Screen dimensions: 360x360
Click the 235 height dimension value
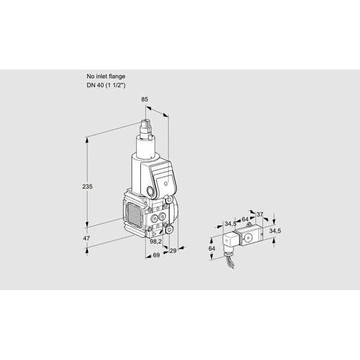(x=87, y=187)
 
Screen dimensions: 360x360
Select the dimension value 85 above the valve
(x=145, y=99)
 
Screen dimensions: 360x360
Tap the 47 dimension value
(x=86, y=238)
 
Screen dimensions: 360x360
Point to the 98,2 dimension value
(x=155, y=241)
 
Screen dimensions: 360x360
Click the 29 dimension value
(x=173, y=251)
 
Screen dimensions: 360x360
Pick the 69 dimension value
(x=156, y=255)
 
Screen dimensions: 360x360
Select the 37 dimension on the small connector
(x=259, y=214)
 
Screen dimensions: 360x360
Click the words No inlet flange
(x=106, y=76)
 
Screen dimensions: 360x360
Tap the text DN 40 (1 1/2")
(x=106, y=85)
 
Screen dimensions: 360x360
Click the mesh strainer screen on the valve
(x=134, y=215)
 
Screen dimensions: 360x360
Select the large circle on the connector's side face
(x=248, y=238)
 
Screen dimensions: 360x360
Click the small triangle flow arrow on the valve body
(x=154, y=234)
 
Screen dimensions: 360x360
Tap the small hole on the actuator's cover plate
(x=166, y=183)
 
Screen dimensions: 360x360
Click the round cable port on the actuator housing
(x=151, y=191)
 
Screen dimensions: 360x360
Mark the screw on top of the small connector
(x=248, y=224)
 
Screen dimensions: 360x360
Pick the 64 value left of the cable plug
(x=212, y=248)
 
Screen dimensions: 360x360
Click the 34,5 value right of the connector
(x=275, y=231)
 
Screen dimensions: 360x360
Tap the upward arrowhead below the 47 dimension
(x=87, y=252)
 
